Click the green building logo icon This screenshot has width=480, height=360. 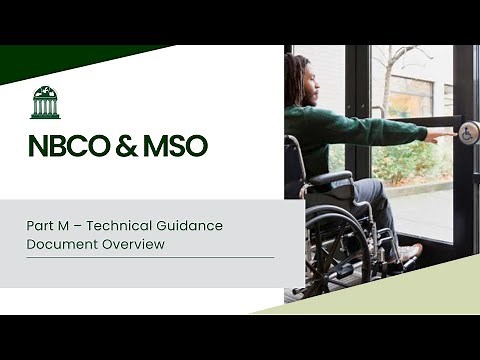click(45, 102)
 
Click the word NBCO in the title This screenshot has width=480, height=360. click(68, 146)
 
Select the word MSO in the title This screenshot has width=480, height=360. click(175, 146)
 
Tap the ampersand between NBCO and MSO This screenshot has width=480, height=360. click(127, 146)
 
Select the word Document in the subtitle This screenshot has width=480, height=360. click(62, 243)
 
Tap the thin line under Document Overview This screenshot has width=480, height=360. click(150, 257)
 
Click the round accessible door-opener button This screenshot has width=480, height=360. click(467, 132)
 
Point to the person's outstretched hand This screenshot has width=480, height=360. click(439, 134)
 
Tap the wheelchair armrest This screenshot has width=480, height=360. click(329, 179)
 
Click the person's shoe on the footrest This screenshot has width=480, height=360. click(409, 252)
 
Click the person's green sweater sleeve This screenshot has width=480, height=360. click(380, 128)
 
